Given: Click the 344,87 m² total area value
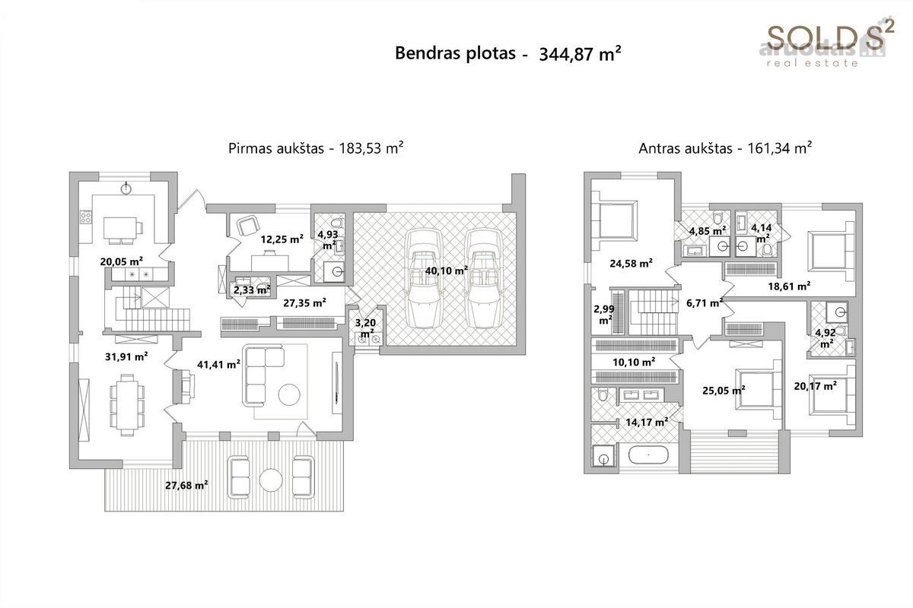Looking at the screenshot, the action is (x=580, y=54).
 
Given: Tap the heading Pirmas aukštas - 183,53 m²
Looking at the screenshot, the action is (x=316, y=148).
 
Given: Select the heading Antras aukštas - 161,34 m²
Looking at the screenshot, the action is (x=725, y=148).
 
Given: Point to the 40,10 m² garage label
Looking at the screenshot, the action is (x=447, y=271).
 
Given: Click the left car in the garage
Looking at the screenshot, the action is (x=425, y=279).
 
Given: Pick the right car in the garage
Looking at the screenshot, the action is (x=484, y=279).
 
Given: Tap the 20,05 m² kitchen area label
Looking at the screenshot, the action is (x=122, y=261).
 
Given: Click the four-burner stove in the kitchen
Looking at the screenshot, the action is (x=85, y=217).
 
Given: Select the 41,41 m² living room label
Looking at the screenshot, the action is (x=218, y=364).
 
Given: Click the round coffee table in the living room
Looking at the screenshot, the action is (x=289, y=394).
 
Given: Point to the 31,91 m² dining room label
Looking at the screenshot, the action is (x=126, y=356).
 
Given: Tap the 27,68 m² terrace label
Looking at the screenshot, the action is (x=186, y=485).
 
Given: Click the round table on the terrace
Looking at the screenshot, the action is (x=271, y=480).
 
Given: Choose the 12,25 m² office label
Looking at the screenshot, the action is (x=282, y=239).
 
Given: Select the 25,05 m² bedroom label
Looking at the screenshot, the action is (x=724, y=390).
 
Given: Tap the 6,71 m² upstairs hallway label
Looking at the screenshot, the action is (x=705, y=302).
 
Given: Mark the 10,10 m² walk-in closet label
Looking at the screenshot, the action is (x=634, y=362).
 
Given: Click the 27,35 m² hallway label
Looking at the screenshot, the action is (x=304, y=302).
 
